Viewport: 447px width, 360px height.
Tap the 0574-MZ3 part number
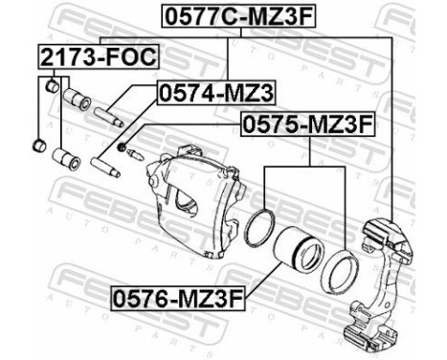[x=214, y=94]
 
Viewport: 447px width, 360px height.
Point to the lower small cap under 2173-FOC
[x=39, y=146]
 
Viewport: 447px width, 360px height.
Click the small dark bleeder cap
[x=123, y=146]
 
